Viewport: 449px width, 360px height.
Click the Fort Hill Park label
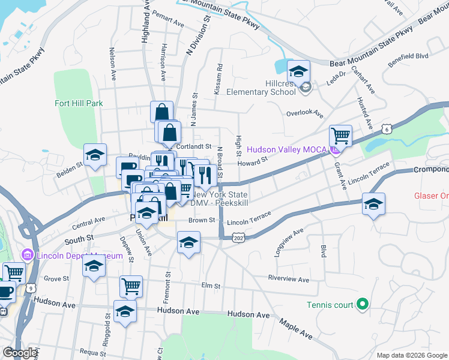[x=78, y=103]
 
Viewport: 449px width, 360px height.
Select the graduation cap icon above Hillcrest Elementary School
[x=298, y=72]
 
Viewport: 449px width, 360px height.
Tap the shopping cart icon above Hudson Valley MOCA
[x=340, y=136]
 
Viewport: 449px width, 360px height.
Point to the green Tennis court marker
[x=362, y=305]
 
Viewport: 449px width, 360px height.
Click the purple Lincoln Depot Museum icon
[x=26, y=256]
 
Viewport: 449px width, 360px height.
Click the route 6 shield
[x=388, y=129]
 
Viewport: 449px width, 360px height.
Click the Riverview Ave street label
[x=288, y=280]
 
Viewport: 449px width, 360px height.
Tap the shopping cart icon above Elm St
[x=131, y=286]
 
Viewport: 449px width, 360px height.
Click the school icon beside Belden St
[x=95, y=155]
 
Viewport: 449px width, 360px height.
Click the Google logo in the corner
[x=20, y=353]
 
